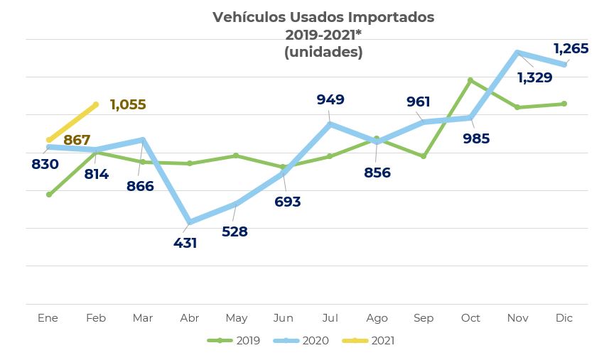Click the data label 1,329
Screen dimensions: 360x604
pos(534,77)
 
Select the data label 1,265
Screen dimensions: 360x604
pos(571,48)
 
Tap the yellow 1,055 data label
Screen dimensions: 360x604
pos(128,105)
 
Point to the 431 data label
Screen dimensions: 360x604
pos(185,243)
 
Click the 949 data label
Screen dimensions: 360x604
pos(330,99)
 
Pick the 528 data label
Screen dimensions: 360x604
pos(234,231)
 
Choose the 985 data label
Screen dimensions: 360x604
pos(476,138)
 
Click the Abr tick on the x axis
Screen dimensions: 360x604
pos(190,318)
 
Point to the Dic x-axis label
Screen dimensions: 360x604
pos(564,318)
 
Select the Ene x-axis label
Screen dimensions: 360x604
pos(48,318)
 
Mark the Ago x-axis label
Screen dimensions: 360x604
pos(377,318)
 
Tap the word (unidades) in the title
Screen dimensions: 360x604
pos(323,52)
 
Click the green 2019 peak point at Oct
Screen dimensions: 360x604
pos(470,80)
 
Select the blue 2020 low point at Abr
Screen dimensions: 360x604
pos(190,222)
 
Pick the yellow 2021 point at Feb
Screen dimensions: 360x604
pos(96,104)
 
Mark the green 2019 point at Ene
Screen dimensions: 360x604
pos(49,195)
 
